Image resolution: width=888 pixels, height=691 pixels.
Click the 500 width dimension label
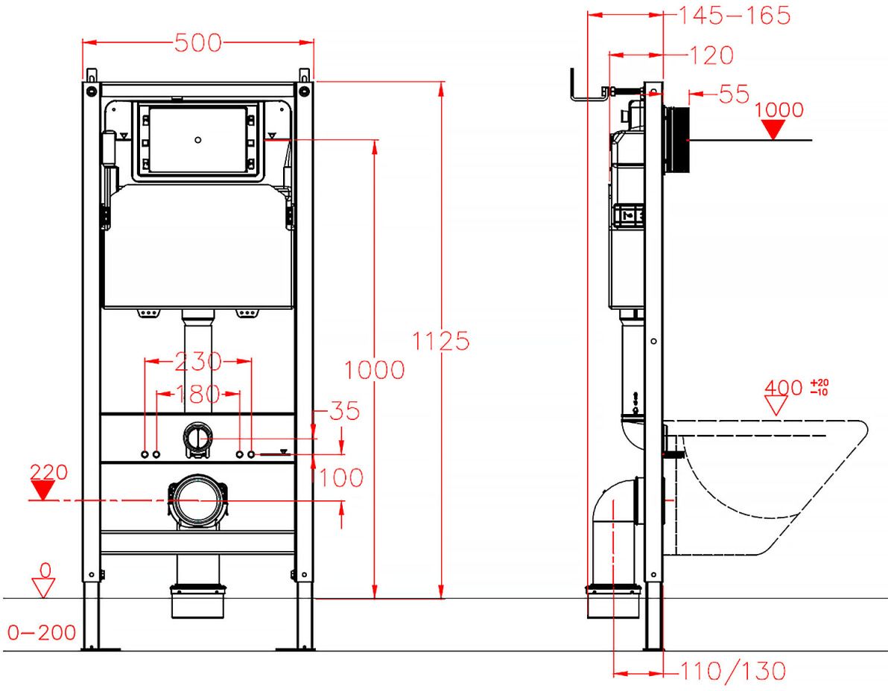pos(197,43)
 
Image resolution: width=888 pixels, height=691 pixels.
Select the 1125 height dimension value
pos(440,341)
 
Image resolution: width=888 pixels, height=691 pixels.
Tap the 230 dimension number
pos(197,362)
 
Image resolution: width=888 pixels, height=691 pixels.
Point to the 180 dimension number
pos(197,394)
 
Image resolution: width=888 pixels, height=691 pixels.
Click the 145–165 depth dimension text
pos(734,16)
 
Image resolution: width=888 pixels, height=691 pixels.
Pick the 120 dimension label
pos(711,55)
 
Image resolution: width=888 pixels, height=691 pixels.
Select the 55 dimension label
pos(734,95)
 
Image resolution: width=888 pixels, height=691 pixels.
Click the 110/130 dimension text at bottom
pos(732,671)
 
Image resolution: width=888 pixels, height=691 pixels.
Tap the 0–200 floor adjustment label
pos(42,632)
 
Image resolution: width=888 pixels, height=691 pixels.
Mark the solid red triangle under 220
pos(42,490)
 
